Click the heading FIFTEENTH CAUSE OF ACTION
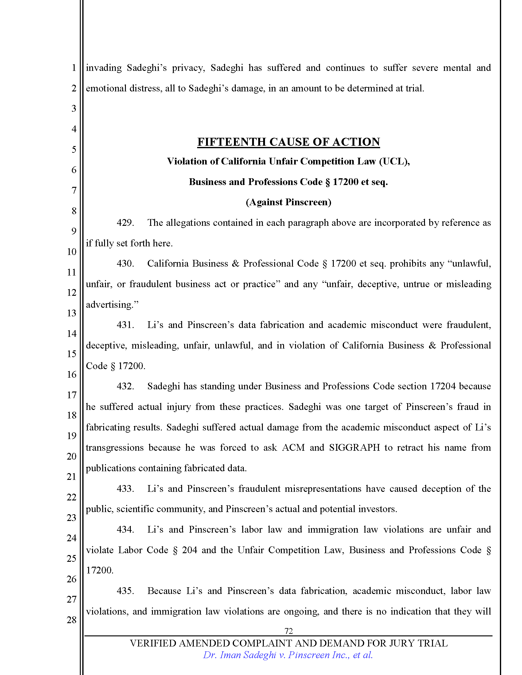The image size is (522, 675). coord(288,142)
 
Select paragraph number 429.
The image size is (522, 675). coord(125,222)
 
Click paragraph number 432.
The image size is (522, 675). coord(125,386)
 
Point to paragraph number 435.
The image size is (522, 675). coord(125,591)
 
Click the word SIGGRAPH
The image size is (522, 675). coord(354,448)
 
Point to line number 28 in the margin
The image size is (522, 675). coord(72,620)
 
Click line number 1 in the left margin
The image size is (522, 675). coord(74,67)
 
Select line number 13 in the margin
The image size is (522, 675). coord(72,313)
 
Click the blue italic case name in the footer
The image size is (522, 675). coord(288,655)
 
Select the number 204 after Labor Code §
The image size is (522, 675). coord(189,550)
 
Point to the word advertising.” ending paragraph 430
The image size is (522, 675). coord(112,304)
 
